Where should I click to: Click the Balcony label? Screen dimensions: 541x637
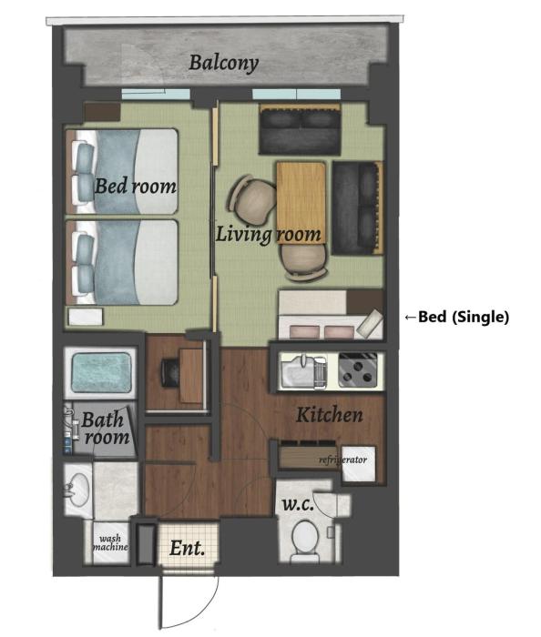223,64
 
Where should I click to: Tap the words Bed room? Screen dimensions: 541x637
136,186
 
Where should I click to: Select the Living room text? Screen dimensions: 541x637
268,235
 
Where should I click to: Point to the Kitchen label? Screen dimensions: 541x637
329,415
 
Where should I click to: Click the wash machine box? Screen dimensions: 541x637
110,543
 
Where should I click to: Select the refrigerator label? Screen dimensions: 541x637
343,460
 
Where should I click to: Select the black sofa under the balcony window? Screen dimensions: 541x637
300,129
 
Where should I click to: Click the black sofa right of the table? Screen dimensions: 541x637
358,208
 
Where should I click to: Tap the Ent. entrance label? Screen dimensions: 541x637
187,548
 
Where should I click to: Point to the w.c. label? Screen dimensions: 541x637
298,505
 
